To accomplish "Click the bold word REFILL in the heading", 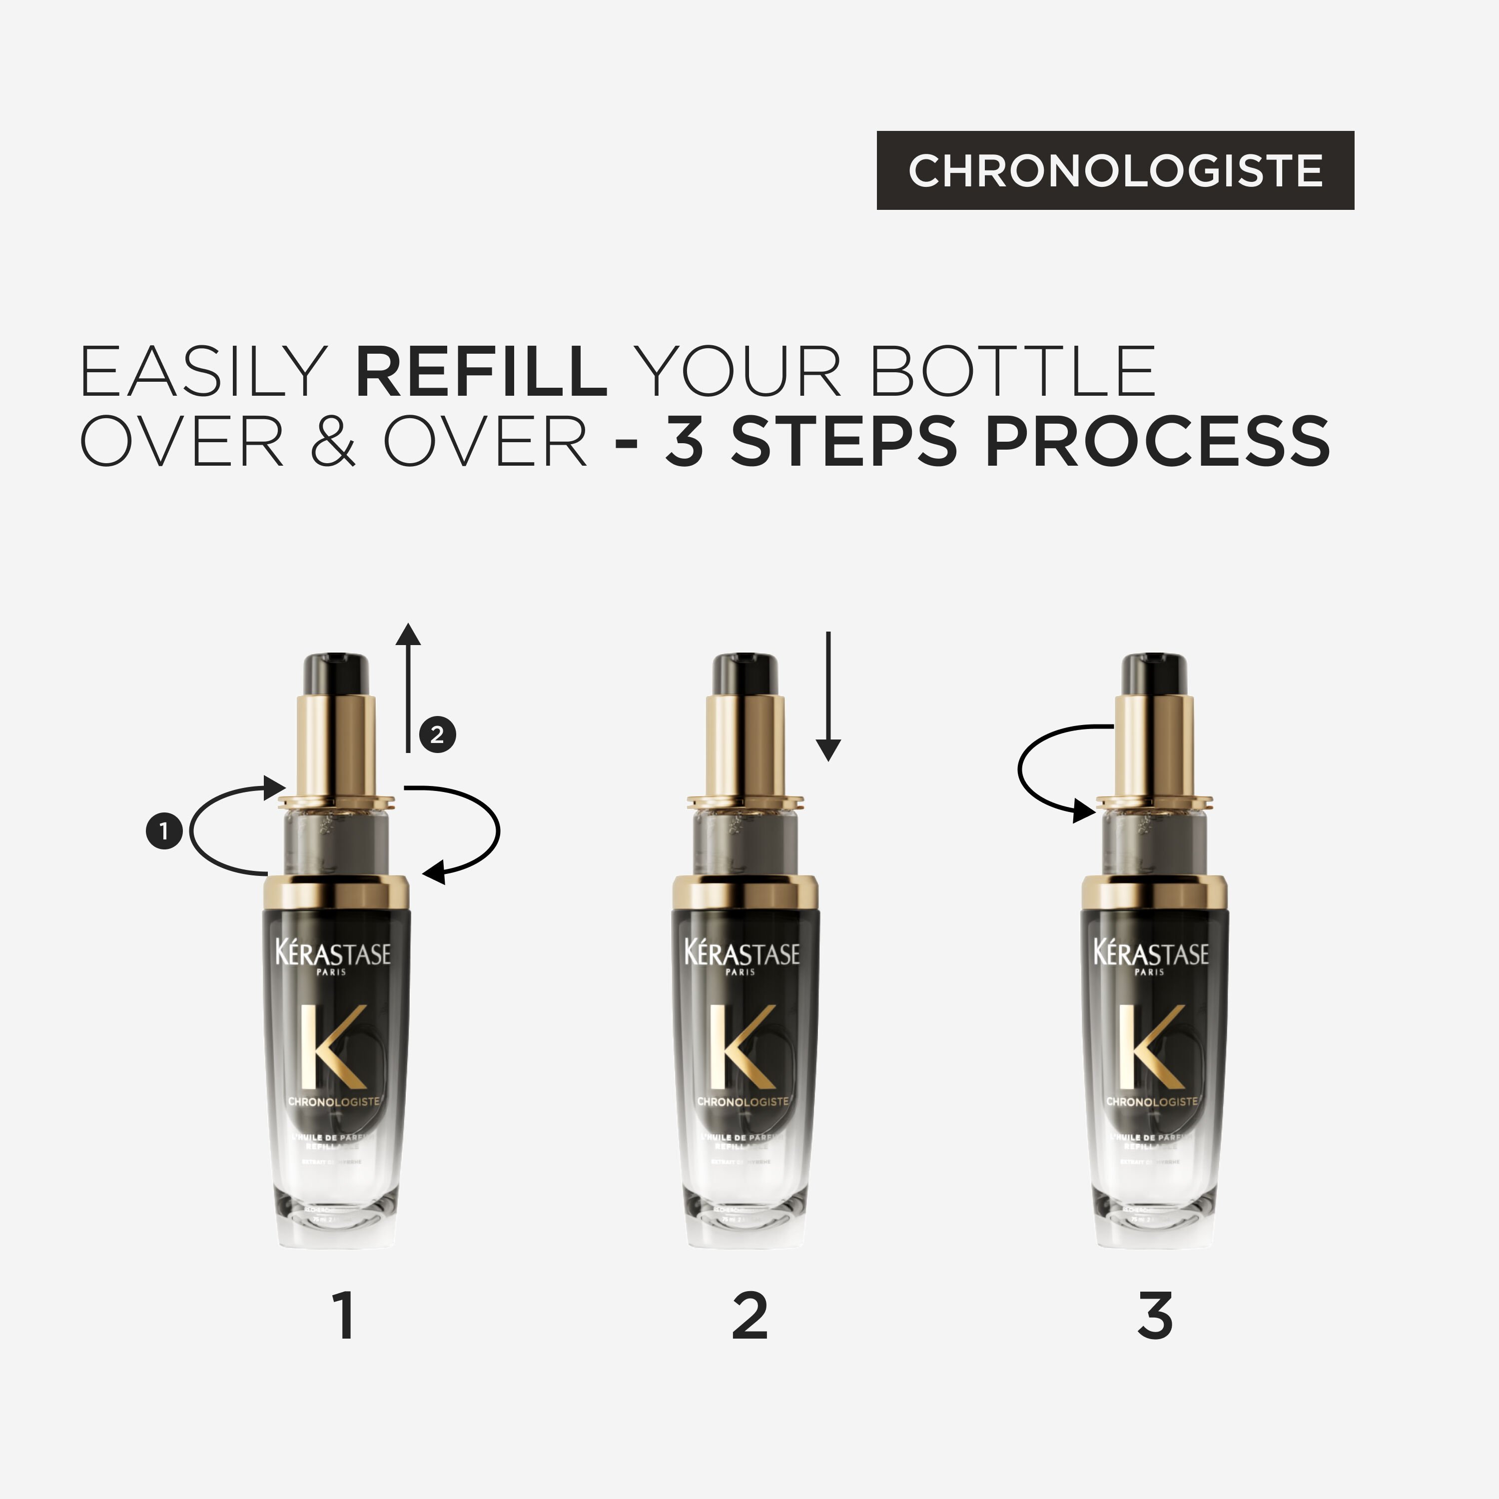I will pyautogui.click(x=481, y=372).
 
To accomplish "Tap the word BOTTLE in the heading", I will pyautogui.click(x=1012, y=372).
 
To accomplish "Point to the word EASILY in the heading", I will pyautogui.click(x=203, y=372).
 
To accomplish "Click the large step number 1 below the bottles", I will pyautogui.click(x=344, y=1316).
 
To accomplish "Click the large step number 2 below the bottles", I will pyautogui.click(x=749, y=1316).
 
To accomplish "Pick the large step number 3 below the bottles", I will pyautogui.click(x=1155, y=1316).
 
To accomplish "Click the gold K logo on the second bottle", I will pyautogui.click(x=741, y=1047).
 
